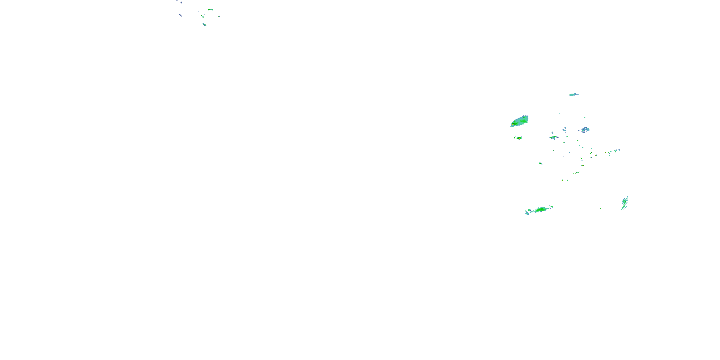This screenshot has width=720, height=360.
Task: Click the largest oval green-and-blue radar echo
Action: [x=520, y=121]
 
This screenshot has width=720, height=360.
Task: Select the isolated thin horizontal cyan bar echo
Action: [x=574, y=95]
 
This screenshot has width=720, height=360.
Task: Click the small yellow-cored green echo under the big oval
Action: [x=519, y=138]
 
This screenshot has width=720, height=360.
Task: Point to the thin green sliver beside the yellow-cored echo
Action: [x=515, y=137]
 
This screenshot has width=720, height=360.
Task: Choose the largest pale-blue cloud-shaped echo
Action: [x=585, y=129]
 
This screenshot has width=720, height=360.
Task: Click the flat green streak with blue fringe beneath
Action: [x=553, y=137]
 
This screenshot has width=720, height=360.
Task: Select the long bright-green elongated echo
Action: [x=540, y=209]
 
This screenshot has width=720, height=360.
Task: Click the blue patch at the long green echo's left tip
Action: [x=527, y=214]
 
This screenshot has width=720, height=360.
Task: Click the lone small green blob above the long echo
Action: [x=540, y=163]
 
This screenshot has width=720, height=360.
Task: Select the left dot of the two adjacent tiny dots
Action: [x=562, y=180]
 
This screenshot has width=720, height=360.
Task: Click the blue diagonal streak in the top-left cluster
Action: [x=180, y=15]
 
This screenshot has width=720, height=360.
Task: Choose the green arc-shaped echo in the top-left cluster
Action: [x=210, y=10]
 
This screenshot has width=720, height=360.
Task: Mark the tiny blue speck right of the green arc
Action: [x=219, y=17]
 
